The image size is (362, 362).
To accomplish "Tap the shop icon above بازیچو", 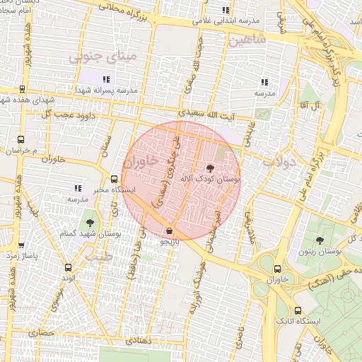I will click(168, 230).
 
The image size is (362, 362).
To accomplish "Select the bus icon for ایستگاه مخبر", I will click(114, 178).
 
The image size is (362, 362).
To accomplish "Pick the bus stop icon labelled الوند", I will click(68, 267).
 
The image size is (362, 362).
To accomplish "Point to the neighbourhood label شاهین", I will click(245, 41).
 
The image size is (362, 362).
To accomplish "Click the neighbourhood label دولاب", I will click(284, 162).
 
